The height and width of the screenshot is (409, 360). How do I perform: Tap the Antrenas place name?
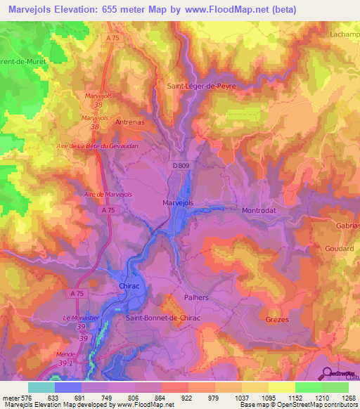click(130, 121)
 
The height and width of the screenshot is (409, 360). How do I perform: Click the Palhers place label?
click(198, 297)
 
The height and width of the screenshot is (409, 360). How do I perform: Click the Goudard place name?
click(340, 249)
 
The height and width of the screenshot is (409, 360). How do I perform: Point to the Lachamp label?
click(344, 34)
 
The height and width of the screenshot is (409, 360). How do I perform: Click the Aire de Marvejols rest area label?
click(108, 194)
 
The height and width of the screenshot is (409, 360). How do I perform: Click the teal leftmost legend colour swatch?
click(41, 387)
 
